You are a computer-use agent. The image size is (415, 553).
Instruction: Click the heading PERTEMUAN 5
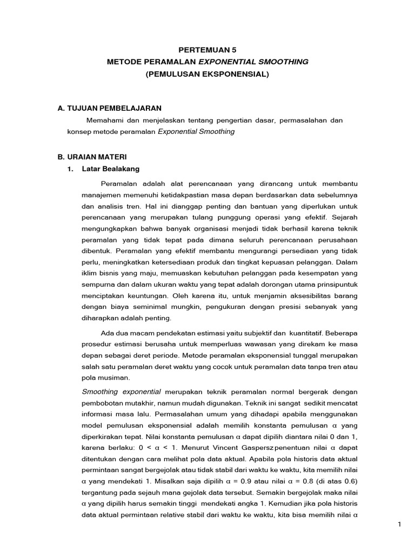[207, 48]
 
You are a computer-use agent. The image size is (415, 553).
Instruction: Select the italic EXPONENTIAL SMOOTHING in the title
[253, 62]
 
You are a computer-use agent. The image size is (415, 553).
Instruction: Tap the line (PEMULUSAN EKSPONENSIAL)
[207, 74]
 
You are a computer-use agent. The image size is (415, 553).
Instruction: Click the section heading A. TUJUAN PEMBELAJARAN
[110, 109]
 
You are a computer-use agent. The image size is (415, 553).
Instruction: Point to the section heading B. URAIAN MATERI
[92, 157]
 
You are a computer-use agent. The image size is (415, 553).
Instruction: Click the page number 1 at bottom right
[399, 524]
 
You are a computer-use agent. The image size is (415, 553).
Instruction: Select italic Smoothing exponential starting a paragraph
[122, 391]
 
